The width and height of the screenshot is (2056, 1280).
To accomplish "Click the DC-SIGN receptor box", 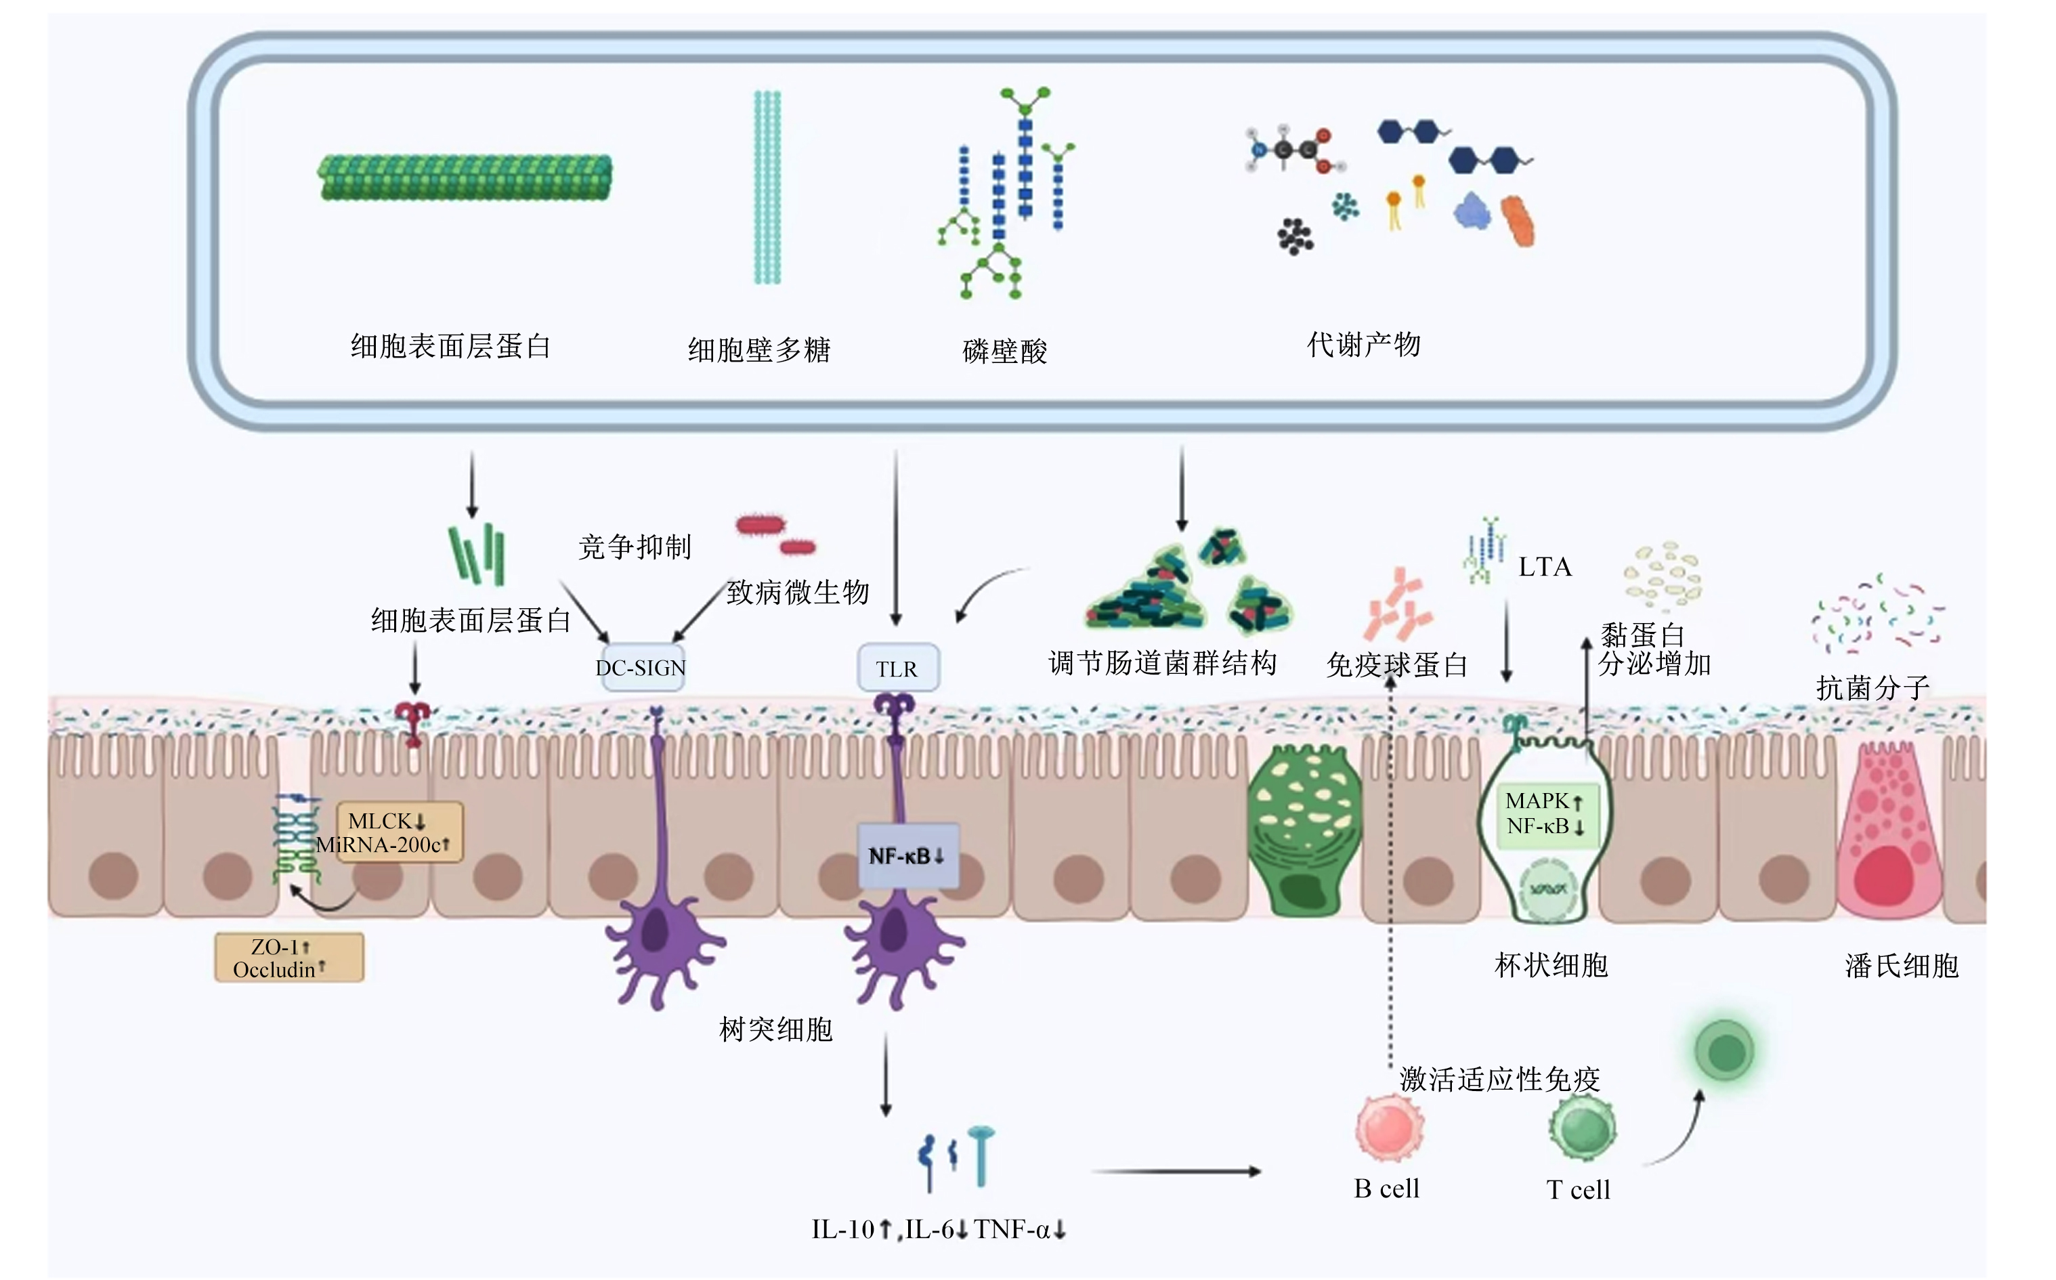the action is pos(641,668).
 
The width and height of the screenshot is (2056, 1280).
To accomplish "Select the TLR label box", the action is pos(897,668).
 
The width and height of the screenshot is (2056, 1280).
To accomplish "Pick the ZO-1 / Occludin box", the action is pos(289,958).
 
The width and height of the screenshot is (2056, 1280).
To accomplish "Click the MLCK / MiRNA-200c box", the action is pos(400,832).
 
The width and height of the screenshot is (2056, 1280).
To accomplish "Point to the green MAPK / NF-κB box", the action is pos(1545,813).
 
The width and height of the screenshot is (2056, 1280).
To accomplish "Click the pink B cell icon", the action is pos(1389,1127).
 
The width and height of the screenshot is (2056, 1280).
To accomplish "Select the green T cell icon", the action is pos(1582,1127).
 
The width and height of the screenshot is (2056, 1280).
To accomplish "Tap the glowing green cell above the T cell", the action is pos(1725,1050).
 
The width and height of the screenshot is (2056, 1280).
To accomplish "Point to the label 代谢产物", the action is pos(1364,345).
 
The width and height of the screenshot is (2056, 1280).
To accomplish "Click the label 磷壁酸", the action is pos(1005,351).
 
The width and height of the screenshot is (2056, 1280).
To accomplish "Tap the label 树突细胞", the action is pos(776,1029).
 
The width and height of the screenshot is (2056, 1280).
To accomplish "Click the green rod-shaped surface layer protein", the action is pos(465,177).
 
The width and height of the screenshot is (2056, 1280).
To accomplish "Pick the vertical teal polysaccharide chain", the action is pos(768,187).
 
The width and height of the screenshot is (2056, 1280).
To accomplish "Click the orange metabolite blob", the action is pos(1518,221).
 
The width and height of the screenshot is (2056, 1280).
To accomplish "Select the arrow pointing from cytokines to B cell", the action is pos(1176,1172).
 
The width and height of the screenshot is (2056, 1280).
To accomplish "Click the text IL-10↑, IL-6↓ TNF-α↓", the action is pos(939,1229).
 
